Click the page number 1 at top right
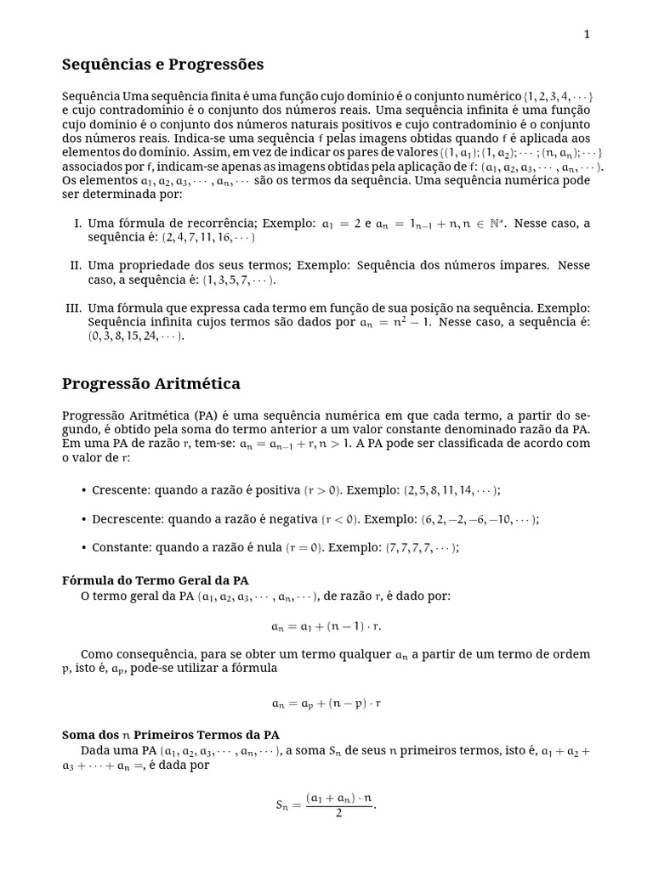(x=587, y=34)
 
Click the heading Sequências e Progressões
(x=162, y=65)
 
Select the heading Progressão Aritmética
(x=150, y=384)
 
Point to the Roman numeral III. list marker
(x=74, y=308)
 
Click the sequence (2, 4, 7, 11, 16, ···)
(x=208, y=238)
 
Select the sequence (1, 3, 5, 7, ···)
(x=239, y=280)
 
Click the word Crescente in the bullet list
(x=116, y=490)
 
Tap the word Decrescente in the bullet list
(x=128, y=519)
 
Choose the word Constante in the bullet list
(x=120, y=548)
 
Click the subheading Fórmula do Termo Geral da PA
(x=156, y=580)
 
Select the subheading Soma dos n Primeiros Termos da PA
(x=171, y=735)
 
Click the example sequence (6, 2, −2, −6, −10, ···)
(x=480, y=519)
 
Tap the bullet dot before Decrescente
(x=83, y=519)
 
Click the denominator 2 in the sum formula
(x=338, y=813)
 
